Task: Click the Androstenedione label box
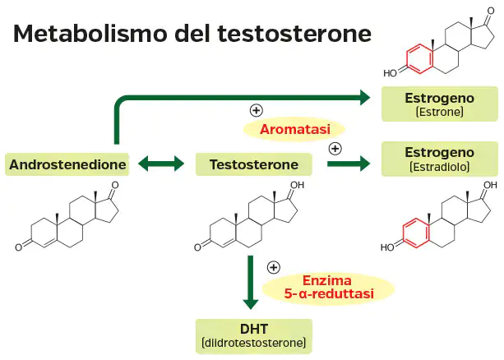pyautogui.click(x=67, y=164)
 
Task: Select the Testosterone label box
pyautogui.click(x=253, y=164)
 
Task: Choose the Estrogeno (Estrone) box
pyautogui.click(x=439, y=103)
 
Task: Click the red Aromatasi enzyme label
pyautogui.click(x=294, y=129)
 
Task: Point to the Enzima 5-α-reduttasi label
pyautogui.click(x=329, y=287)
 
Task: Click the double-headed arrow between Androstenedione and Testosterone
pyautogui.click(x=161, y=164)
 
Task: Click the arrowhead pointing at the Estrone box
pyautogui.click(x=365, y=97)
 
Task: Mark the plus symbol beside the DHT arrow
pyautogui.click(x=274, y=266)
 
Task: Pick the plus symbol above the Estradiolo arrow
pyautogui.click(x=335, y=148)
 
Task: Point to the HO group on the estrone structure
pyautogui.click(x=392, y=72)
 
